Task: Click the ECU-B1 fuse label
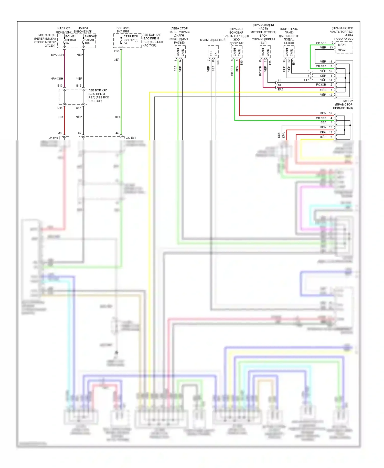70,36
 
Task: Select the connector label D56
117,51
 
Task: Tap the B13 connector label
60,86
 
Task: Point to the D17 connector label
78,108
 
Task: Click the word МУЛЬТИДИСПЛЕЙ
213,40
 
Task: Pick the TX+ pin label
211,54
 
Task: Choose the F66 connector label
218,62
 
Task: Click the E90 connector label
241,62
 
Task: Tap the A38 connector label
270,62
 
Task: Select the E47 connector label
294,62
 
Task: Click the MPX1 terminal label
342,45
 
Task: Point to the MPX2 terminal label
342,50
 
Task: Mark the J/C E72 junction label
348,101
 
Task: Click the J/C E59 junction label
53,138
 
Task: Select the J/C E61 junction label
131,138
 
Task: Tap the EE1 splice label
307,80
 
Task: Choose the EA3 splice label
280,89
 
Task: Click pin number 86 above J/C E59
60,133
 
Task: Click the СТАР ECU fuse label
131,36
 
